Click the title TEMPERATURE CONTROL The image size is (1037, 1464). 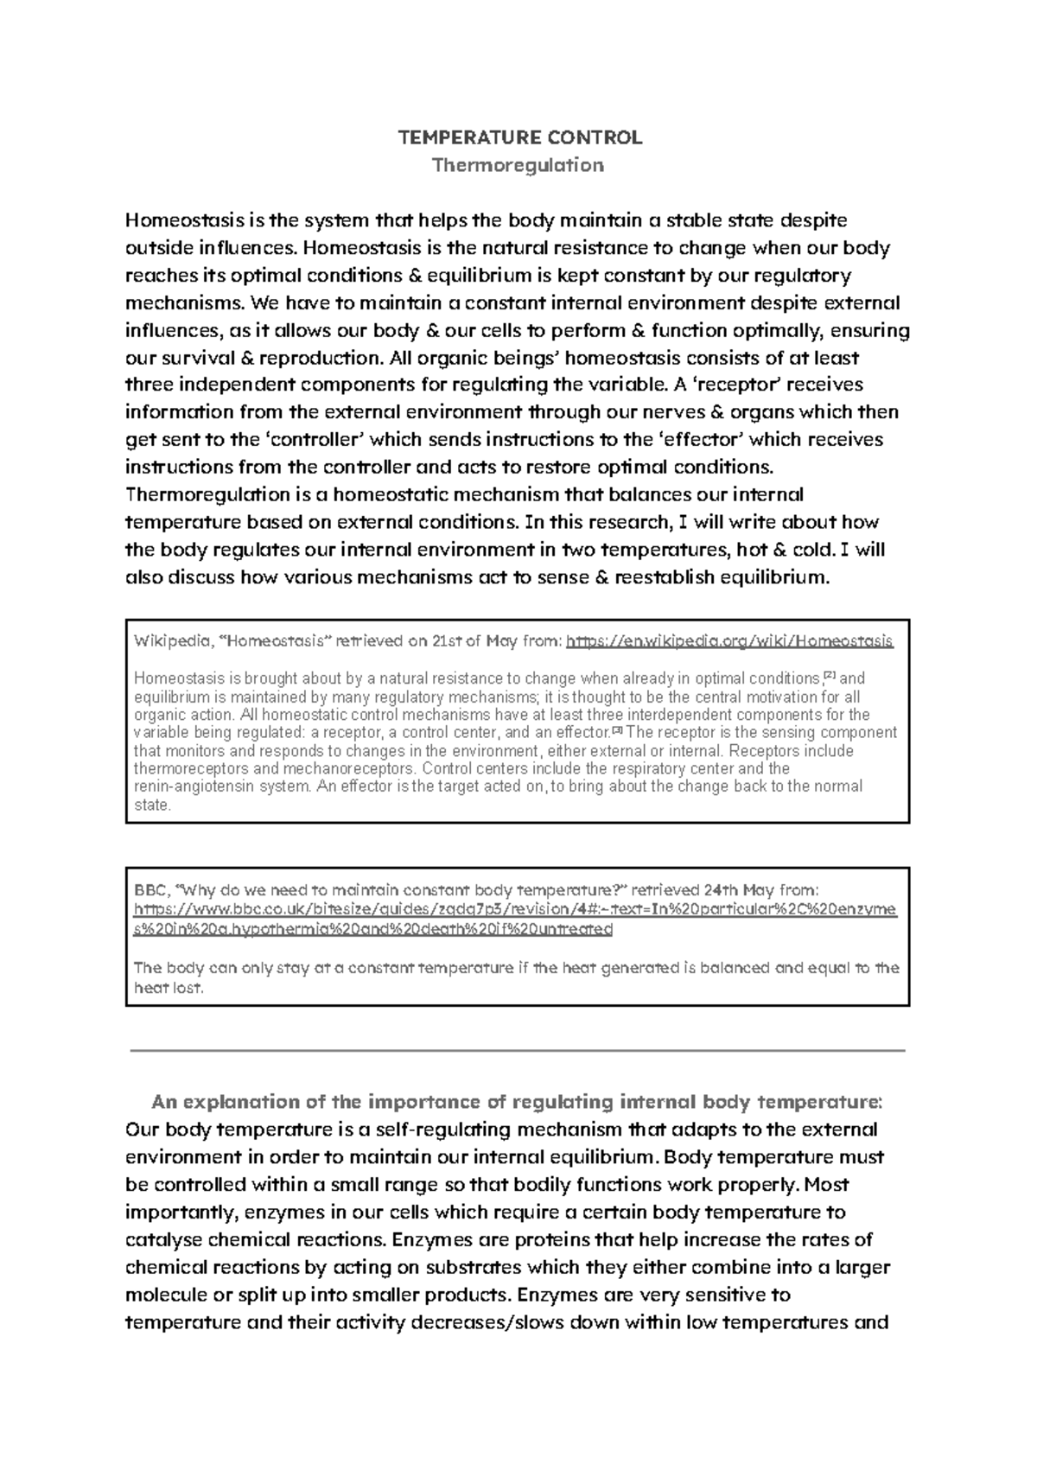(518, 137)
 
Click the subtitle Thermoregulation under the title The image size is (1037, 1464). (518, 165)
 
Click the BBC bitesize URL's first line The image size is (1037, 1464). (516, 910)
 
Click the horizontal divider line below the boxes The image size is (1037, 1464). (517, 1050)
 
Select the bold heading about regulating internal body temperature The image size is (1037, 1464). (517, 1102)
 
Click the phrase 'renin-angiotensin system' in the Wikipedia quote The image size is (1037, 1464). (221, 786)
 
